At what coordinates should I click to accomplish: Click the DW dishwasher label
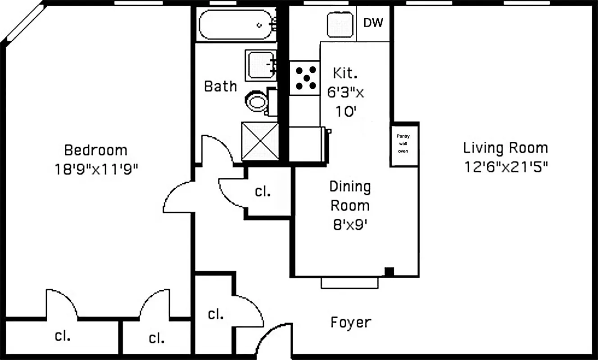373,23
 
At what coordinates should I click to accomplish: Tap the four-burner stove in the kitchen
305,78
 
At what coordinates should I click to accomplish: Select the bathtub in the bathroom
237,25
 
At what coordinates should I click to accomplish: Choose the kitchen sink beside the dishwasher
339,24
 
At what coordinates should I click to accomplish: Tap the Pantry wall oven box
403,144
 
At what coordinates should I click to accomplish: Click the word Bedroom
95,150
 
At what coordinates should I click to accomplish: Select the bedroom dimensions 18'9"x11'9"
95,169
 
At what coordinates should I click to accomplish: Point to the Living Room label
506,148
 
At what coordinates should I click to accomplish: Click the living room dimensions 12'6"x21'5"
506,167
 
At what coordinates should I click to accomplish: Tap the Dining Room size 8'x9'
350,225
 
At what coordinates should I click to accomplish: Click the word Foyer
351,322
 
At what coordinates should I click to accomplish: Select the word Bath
220,86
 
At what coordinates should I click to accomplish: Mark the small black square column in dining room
389,271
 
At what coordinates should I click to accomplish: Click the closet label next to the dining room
263,191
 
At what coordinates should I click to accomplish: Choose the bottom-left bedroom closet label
62,336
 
